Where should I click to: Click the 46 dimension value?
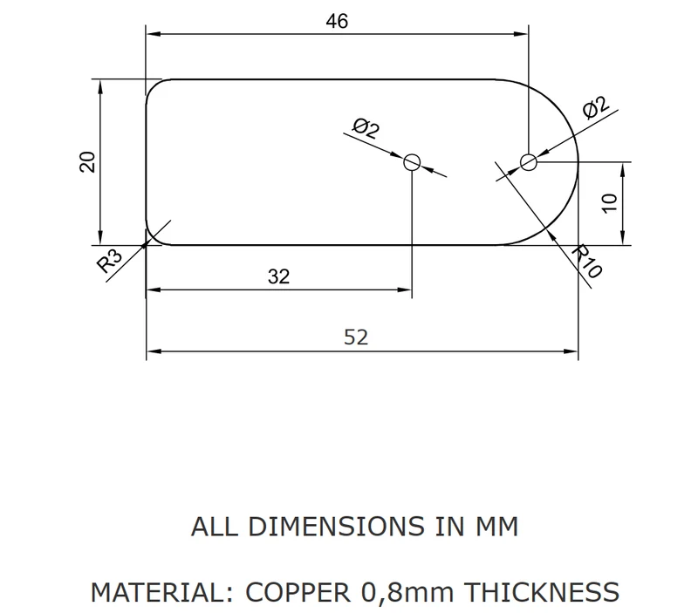pos(337,21)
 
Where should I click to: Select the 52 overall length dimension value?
pos(356,337)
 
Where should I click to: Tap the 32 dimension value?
pos(278,276)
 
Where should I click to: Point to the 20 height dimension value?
pos(87,162)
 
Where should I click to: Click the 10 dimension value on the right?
pos(609,203)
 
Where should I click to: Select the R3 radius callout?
pos(109,261)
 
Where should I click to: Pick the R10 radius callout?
pos(587,261)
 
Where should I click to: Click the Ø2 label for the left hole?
pos(366,128)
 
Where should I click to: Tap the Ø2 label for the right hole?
pos(595,107)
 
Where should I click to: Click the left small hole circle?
pos(412,154)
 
